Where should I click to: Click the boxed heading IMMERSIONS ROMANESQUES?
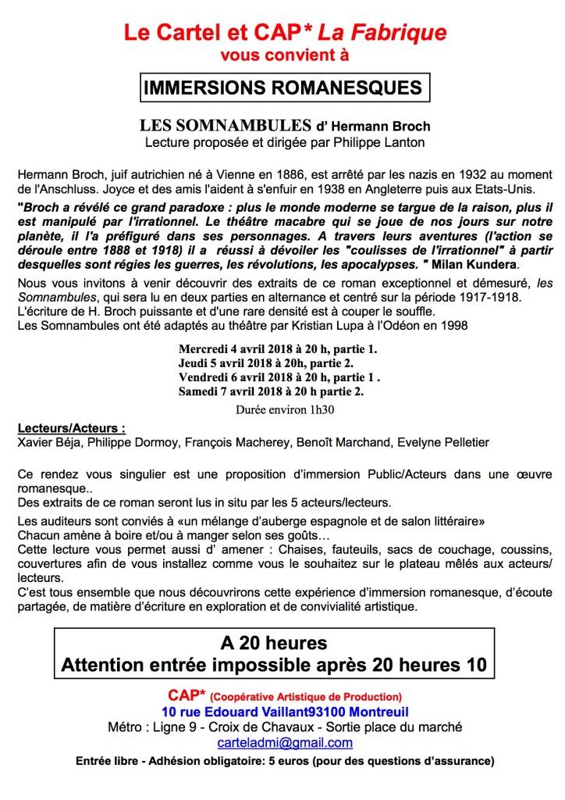point(282,88)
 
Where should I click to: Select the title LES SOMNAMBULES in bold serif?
point(223,126)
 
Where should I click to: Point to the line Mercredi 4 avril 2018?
point(277,348)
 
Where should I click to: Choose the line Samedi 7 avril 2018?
point(271,391)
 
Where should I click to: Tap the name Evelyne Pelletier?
point(443,442)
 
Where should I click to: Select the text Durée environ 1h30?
point(282,409)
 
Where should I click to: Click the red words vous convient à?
point(284,55)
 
